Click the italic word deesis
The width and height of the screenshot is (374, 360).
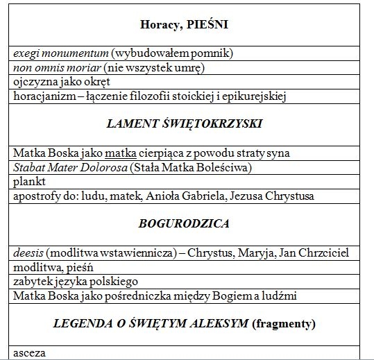29,253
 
